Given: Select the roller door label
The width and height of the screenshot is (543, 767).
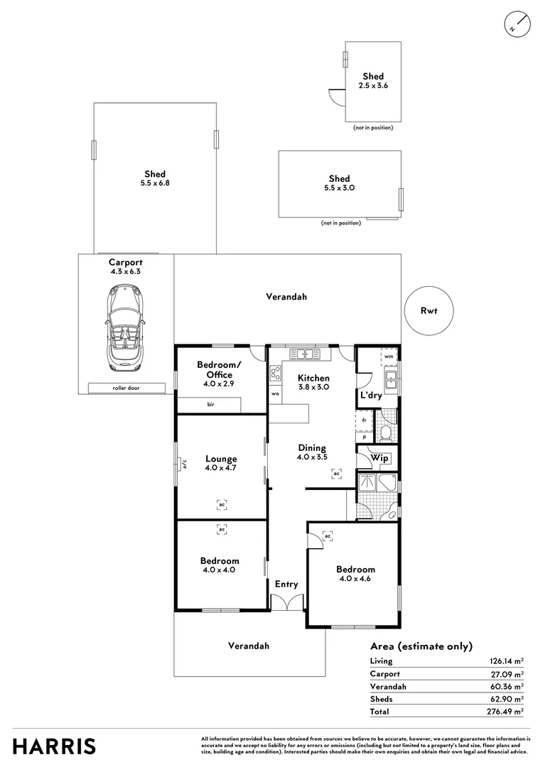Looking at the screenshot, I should [124, 388].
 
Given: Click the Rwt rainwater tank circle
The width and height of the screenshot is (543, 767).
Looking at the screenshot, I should [428, 310].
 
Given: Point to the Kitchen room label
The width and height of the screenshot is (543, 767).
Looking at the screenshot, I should [313, 378].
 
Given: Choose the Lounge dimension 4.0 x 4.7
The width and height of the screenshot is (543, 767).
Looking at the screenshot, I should [220, 468].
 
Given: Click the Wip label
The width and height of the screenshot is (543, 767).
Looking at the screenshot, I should [380, 458].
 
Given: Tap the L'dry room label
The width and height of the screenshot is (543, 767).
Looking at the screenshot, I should [371, 395].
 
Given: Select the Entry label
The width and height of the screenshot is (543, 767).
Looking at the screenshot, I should [286, 584].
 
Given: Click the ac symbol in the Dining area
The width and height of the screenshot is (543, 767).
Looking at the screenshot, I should [336, 474].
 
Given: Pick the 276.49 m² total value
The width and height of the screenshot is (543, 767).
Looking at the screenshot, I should [506, 711].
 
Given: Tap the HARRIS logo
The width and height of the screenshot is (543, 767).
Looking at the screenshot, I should [54, 746].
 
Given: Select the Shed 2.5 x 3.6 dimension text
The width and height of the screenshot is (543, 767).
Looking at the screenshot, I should [373, 85].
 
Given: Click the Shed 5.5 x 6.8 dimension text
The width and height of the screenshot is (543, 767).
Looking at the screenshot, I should [155, 183].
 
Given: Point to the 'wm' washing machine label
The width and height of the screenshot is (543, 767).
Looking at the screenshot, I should [389, 357].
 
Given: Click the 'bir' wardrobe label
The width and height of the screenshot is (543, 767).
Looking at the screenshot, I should [211, 405].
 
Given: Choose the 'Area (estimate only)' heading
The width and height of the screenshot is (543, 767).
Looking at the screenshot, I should [421, 646].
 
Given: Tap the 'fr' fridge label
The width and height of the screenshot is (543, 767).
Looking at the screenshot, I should [364, 420].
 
